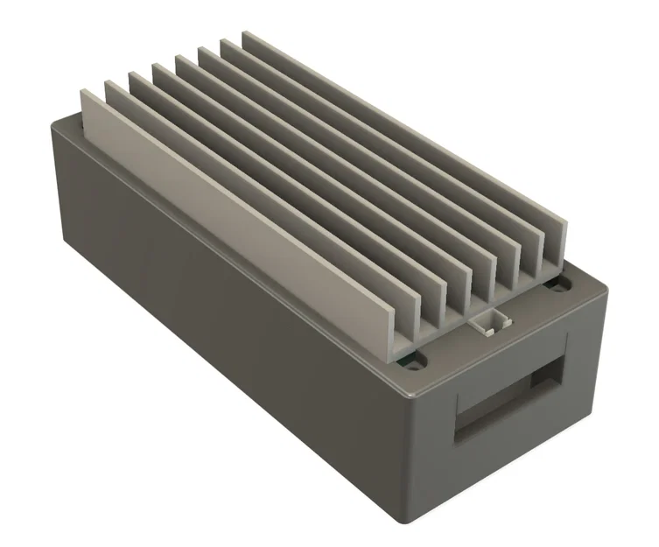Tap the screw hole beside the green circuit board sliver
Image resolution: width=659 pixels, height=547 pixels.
coord(417,359)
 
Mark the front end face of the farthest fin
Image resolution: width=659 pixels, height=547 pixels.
coord(561,246)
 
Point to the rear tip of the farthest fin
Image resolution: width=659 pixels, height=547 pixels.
coord(246,35)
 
